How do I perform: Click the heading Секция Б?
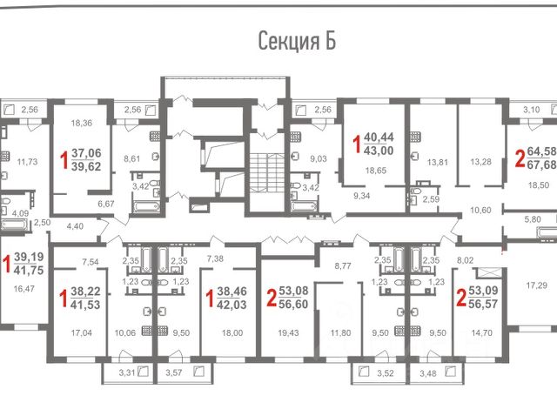297,41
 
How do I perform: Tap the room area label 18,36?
81,123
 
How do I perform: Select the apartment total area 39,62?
86,166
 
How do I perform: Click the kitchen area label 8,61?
131,158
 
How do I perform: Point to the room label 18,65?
376,171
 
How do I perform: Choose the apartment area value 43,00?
379,151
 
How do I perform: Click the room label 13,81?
437,163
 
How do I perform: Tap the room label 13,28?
480,162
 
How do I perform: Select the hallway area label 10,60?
480,210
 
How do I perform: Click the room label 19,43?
288,332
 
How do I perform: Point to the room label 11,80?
340,332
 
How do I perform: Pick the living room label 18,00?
232,332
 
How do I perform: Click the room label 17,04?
81,332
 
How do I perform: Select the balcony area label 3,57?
174,372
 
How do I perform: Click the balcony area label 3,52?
385,373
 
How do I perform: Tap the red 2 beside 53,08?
272,298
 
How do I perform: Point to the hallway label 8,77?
343,265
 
